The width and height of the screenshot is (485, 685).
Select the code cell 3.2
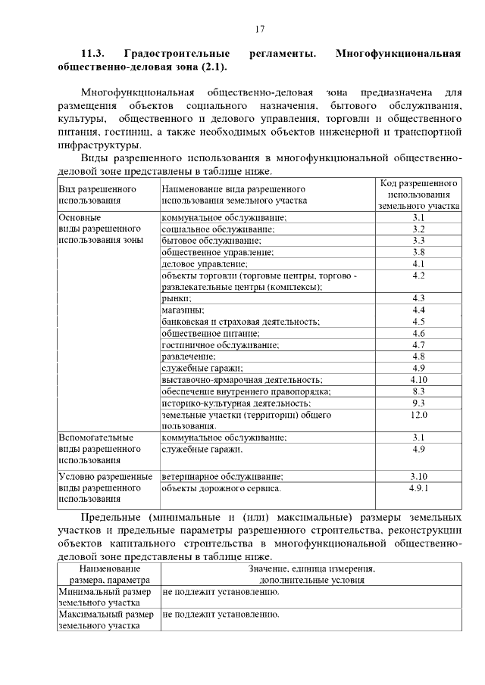click(x=418, y=229)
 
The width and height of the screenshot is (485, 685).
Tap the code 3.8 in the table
click(x=418, y=252)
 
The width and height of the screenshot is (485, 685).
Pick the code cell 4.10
click(x=418, y=379)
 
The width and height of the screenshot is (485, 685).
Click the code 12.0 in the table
click(x=418, y=415)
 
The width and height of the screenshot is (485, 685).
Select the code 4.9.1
click(x=418, y=488)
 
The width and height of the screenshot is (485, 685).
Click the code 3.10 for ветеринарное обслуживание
click(x=418, y=476)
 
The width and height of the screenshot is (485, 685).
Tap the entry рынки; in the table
click(x=176, y=298)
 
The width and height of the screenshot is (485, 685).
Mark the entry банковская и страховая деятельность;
click(x=240, y=322)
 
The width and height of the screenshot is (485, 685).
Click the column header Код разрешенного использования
click(x=418, y=195)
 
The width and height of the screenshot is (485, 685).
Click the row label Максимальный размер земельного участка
click(x=106, y=620)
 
